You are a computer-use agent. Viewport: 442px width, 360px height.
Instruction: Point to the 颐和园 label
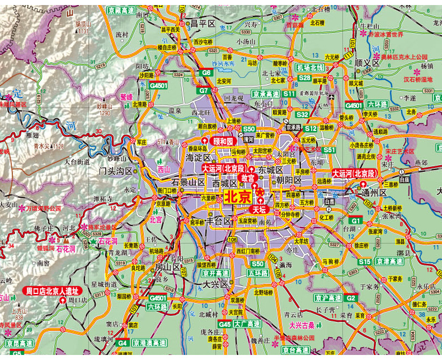coord(222,142)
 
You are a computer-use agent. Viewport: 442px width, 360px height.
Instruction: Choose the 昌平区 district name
coord(203,24)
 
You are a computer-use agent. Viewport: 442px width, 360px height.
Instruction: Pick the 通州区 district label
coord(375,192)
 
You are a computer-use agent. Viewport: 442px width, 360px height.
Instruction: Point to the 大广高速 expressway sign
coord(247,324)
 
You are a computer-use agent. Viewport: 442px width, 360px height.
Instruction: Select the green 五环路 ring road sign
coord(257,273)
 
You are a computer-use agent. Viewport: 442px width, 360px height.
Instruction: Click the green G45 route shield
coord(225,324)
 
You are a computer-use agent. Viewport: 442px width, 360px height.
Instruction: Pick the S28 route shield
coord(304,78)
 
